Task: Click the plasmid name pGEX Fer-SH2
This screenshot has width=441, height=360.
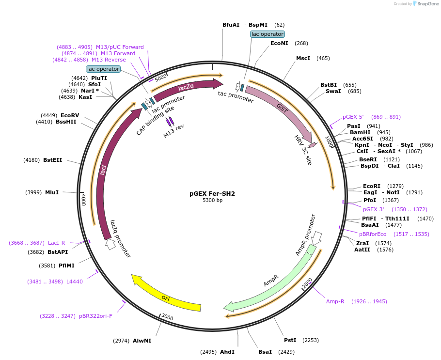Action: (x=212, y=193)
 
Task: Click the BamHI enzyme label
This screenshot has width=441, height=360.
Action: (x=360, y=132)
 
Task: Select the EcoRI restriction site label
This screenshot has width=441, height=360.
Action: (x=372, y=186)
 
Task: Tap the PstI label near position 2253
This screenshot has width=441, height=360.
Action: (x=290, y=340)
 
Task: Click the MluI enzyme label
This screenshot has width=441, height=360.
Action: (x=52, y=192)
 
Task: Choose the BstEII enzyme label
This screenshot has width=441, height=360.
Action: (x=52, y=160)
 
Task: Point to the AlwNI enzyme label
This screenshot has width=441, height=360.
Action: (x=142, y=341)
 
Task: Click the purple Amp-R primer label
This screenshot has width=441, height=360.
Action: (x=335, y=301)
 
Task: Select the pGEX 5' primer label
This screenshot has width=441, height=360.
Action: (x=353, y=117)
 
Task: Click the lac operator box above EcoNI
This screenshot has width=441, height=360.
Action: (x=267, y=34)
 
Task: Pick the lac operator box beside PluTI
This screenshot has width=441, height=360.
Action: (x=103, y=69)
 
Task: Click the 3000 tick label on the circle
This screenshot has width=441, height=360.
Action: (x=167, y=317)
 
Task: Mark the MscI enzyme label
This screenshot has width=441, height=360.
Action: (x=303, y=58)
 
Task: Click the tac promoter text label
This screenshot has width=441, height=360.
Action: (x=236, y=97)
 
